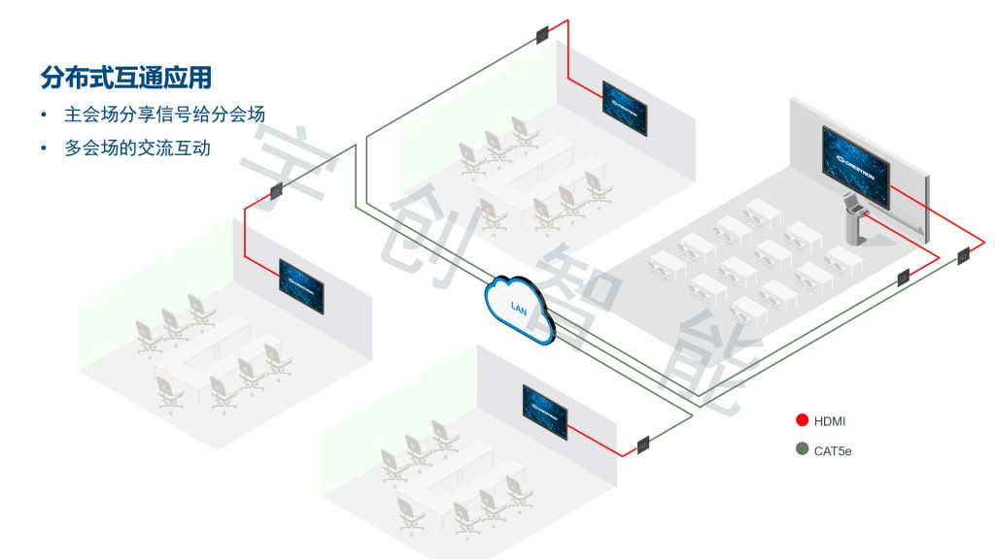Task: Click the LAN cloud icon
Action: click(x=519, y=308)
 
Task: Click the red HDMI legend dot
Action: click(x=802, y=420)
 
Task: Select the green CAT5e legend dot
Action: click(x=802, y=450)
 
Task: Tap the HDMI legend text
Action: click(x=830, y=421)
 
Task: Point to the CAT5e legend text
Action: click(x=833, y=451)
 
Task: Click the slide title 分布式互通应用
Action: click(x=125, y=76)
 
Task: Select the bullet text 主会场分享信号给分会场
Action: click(x=164, y=115)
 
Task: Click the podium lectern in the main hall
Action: click(x=854, y=218)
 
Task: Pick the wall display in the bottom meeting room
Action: click(x=545, y=411)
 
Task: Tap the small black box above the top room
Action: click(x=541, y=36)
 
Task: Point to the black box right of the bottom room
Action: click(x=643, y=446)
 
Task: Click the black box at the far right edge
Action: click(x=963, y=257)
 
